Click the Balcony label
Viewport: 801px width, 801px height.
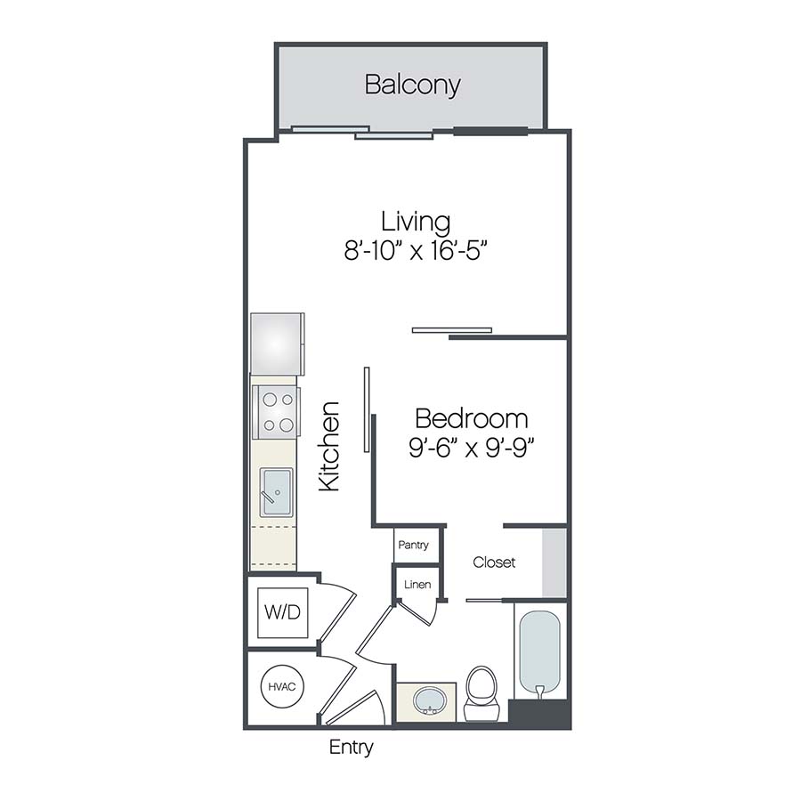coord(412,85)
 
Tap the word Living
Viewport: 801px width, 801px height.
coord(415,221)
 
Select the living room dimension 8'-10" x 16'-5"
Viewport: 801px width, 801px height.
coord(417,251)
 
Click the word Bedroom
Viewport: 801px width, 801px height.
coord(471,417)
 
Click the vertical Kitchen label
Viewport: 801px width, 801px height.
coord(330,446)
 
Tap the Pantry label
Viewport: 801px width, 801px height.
coord(414,545)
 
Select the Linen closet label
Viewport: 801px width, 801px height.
coord(417,585)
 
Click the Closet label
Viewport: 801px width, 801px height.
coord(494,562)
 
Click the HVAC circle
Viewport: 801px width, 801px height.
coord(282,686)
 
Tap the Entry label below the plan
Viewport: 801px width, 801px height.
coord(351,748)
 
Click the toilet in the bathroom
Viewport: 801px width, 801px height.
coord(481,694)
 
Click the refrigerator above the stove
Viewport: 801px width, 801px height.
coord(277,344)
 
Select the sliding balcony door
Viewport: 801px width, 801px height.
coord(361,133)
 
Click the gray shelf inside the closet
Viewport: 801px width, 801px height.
coord(554,562)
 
